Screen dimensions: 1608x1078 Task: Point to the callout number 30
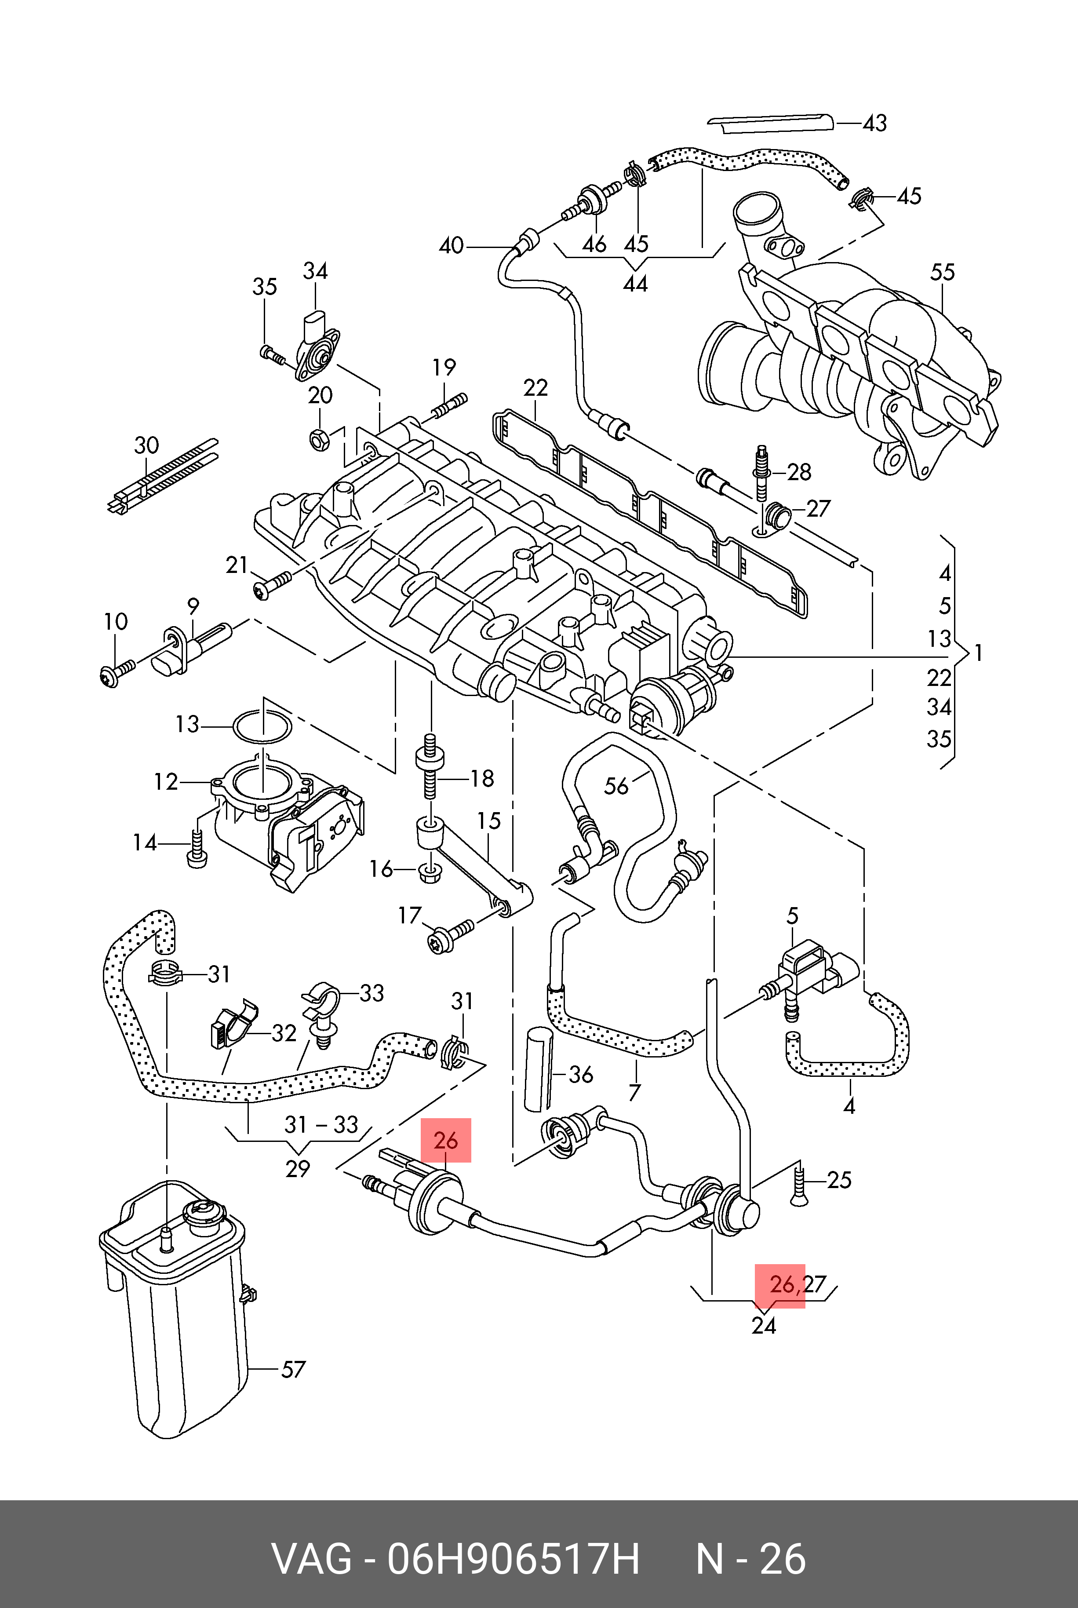click(146, 445)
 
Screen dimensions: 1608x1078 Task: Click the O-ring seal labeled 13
click(262, 727)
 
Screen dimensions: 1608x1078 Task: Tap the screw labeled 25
click(798, 1182)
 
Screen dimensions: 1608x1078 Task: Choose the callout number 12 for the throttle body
click(166, 782)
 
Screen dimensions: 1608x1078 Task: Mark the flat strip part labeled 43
click(770, 123)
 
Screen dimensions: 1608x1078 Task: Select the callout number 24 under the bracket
click(763, 1325)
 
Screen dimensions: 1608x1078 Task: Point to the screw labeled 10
click(117, 672)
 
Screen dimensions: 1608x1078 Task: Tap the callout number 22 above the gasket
click(535, 388)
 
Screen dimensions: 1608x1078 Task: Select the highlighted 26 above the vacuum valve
click(445, 1141)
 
